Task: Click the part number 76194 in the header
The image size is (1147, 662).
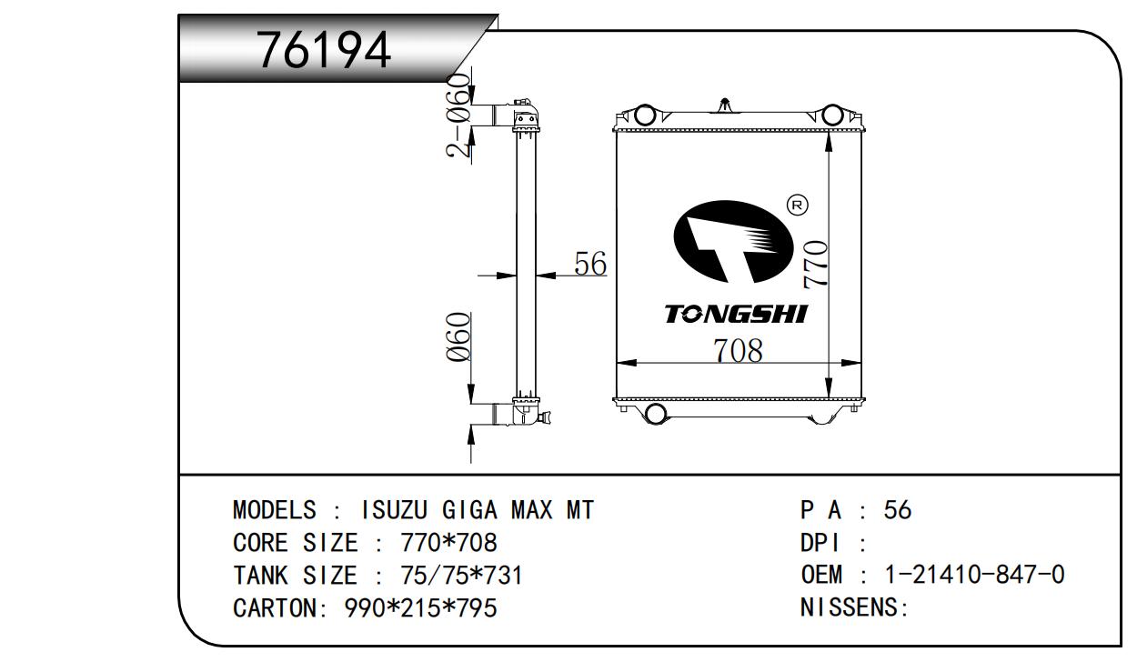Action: click(324, 50)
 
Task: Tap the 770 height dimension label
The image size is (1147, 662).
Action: click(815, 265)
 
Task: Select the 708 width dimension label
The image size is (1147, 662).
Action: click(738, 351)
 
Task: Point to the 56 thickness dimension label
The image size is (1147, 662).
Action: click(590, 264)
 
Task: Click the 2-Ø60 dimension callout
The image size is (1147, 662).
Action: click(458, 115)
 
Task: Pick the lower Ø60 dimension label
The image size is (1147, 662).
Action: click(458, 336)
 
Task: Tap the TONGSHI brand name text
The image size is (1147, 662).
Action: click(737, 314)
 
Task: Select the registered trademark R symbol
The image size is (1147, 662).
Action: click(798, 205)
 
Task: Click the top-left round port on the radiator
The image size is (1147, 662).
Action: click(645, 115)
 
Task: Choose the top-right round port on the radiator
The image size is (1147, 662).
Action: click(832, 115)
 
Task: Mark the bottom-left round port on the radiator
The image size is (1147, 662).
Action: click(656, 413)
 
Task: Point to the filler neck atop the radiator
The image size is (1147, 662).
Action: click(724, 105)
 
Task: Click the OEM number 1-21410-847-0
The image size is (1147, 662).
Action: click(975, 575)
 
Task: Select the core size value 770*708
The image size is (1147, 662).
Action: click(448, 543)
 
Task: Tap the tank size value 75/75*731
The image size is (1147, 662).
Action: click(461, 575)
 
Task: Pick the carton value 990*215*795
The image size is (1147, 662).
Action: click(420, 607)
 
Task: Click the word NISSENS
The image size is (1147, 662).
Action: click(849, 607)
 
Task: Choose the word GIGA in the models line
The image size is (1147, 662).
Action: click(469, 510)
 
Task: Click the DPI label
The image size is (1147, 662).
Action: click(820, 543)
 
